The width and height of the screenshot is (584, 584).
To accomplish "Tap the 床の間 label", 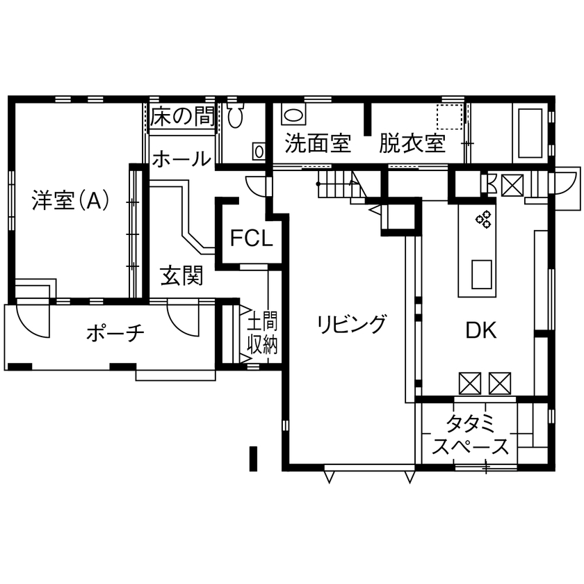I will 182,116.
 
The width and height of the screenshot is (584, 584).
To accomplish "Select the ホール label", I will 181,159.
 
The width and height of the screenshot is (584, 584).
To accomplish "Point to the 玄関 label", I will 181,276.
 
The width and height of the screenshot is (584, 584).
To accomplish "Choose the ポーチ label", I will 115,334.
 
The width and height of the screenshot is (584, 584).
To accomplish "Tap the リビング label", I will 350,324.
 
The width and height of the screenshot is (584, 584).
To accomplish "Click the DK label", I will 480,331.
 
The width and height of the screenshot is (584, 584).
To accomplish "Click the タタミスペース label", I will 470,435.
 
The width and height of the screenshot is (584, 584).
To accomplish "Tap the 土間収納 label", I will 263,333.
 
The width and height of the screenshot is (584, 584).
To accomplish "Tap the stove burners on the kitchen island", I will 483,219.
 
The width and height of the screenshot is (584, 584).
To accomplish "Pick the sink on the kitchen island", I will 482,273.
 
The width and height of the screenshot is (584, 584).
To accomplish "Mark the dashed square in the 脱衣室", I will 448,116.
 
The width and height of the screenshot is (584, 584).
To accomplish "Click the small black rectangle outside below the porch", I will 254,457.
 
